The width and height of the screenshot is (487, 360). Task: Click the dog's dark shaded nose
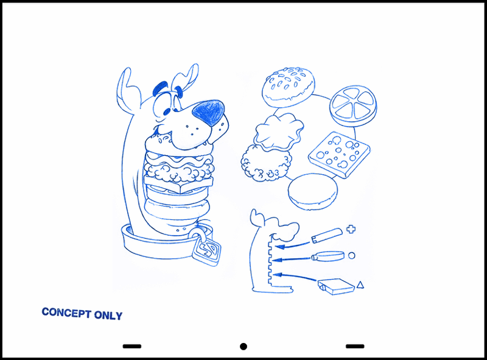coord(209,113)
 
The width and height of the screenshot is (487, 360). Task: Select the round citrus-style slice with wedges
coord(353,106)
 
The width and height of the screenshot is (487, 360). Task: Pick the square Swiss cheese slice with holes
coord(339,155)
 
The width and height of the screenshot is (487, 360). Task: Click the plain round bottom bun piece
coord(313,191)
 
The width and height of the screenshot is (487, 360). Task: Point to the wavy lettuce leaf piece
coord(279,132)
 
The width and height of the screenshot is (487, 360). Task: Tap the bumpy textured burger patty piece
coord(266,164)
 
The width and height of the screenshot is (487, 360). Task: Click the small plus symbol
coord(351,230)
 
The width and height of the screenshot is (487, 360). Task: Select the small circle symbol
coord(352,256)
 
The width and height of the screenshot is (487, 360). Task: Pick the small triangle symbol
coord(360,284)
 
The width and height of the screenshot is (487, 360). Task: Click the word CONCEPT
coord(66,312)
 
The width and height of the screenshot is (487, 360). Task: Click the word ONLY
coord(108,316)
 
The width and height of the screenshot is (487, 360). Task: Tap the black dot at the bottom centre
coord(243,347)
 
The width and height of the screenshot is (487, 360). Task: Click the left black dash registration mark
coord(132,346)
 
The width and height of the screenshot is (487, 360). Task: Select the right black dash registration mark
coord(355,346)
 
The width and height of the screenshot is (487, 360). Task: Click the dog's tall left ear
coord(127,90)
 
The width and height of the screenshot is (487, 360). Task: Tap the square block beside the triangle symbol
coord(336,287)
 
